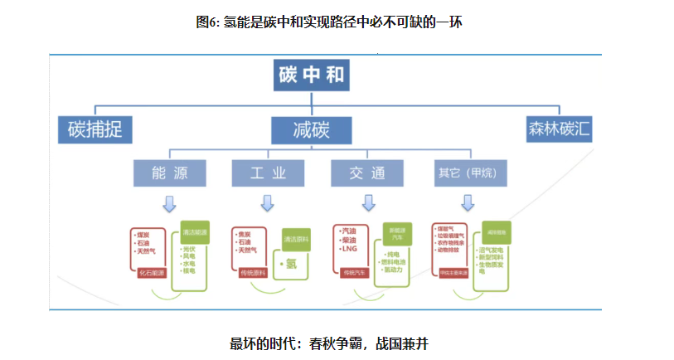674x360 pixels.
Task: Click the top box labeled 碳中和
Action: coord(313,78)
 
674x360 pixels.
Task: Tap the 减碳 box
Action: coord(312,129)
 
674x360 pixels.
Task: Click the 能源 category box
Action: coord(170,173)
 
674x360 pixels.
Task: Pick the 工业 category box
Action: coord(268,173)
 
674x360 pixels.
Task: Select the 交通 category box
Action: coord(366,173)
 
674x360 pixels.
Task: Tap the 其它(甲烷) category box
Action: coord(469,173)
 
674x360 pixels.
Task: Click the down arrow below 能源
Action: coord(169,203)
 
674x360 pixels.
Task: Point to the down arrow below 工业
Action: coord(267,203)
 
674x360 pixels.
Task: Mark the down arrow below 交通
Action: coord(366,203)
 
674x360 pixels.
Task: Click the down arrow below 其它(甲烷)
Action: coord(468,203)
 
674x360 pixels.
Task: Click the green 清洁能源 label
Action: coord(195,234)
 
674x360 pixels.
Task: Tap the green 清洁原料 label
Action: coord(295,241)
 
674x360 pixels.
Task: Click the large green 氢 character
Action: coord(291,265)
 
